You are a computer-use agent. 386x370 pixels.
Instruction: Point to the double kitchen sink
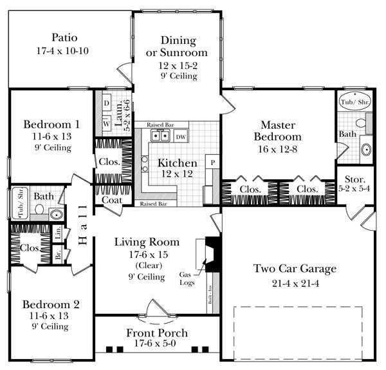coord(159,136)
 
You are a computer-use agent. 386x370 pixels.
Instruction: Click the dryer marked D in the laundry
coord(106,102)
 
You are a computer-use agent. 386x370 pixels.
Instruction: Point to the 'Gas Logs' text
coord(186,278)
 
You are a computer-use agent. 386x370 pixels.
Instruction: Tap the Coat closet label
coord(113,200)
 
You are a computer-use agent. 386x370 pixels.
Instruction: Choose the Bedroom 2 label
coord(51,304)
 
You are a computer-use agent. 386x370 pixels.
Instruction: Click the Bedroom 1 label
coord(51,124)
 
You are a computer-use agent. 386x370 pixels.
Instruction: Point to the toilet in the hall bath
coord(39,209)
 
